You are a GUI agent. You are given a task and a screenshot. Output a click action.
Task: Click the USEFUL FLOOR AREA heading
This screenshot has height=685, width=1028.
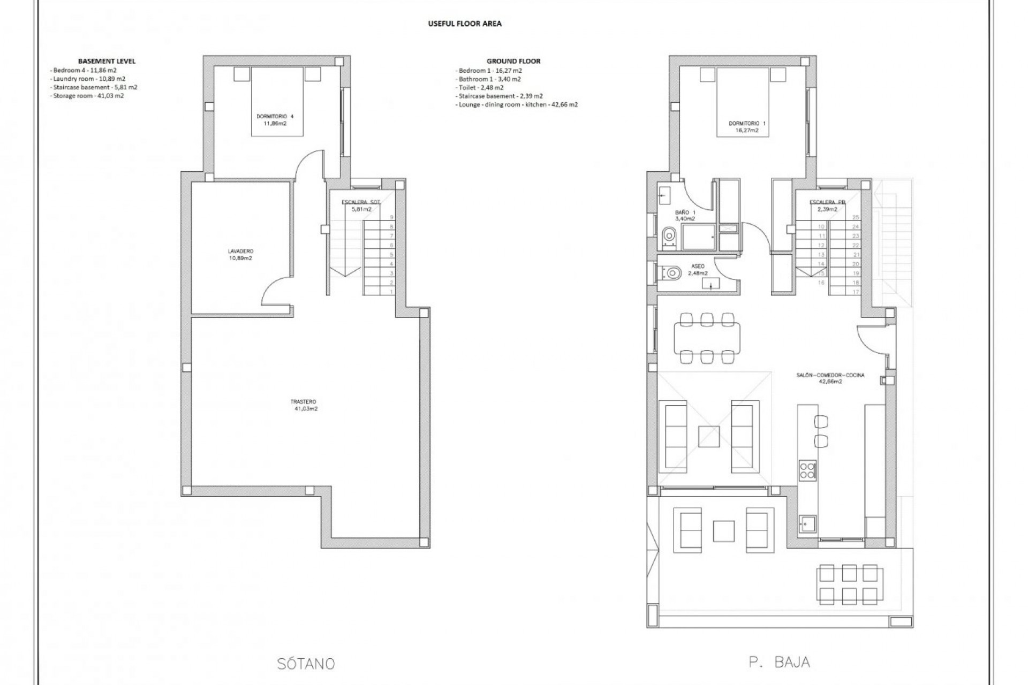coord(464,24)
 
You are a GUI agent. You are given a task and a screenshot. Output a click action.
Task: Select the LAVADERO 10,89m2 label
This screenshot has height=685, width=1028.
coord(240,254)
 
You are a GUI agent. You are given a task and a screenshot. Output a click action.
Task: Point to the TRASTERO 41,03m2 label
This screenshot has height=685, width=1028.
coord(306,405)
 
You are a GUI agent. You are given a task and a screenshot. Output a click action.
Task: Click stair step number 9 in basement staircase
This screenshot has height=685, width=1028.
coord(391,217)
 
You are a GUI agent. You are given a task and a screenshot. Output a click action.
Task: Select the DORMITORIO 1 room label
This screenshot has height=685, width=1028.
coord(747,126)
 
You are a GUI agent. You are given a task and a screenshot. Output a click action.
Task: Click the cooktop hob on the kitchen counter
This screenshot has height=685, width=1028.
coord(807,470)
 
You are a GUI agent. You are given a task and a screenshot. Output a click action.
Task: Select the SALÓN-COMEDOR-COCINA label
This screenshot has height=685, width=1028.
coord(829,378)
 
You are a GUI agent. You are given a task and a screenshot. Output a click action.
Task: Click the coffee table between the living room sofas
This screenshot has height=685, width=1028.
coord(709,436)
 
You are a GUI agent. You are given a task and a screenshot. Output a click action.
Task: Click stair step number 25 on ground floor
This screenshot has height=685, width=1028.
coord(855,217)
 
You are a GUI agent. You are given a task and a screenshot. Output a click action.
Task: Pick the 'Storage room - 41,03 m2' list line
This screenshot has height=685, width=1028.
coord(88,96)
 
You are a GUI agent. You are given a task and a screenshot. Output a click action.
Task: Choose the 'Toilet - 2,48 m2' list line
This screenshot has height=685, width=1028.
coord(481,87)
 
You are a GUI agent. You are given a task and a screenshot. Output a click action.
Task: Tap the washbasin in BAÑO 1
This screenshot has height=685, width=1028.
coord(664,195)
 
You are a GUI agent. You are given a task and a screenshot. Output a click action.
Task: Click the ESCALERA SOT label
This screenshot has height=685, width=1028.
coord(361,202)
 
